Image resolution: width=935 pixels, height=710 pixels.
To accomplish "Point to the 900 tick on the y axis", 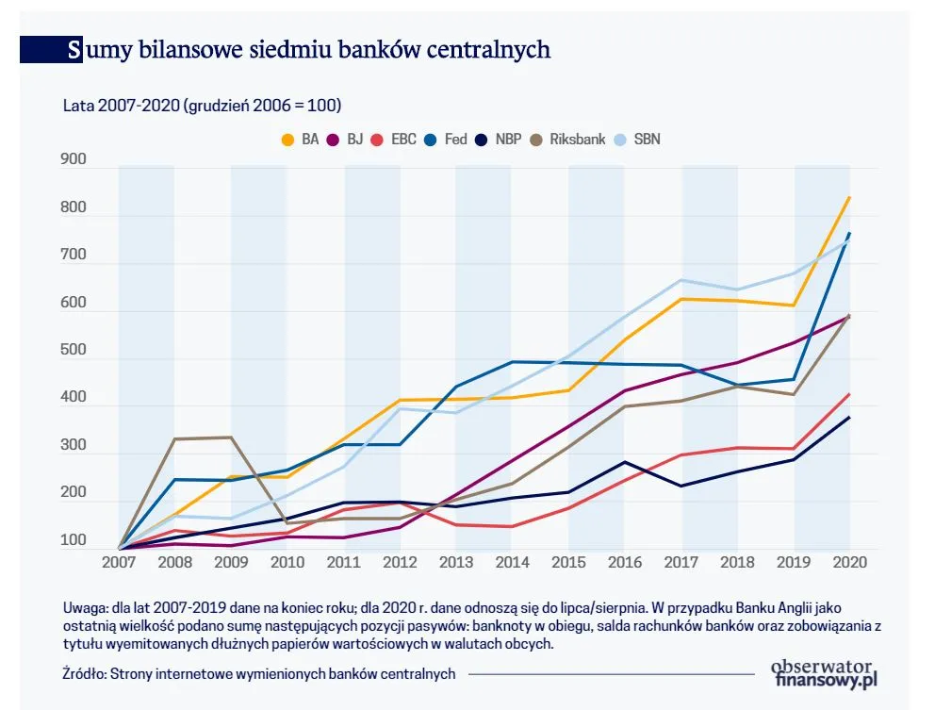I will click(x=74, y=160).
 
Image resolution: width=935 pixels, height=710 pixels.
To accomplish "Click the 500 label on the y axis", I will click(x=74, y=351).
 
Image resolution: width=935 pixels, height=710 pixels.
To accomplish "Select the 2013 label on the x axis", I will click(x=455, y=562).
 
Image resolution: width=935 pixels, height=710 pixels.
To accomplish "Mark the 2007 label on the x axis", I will click(x=118, y=562).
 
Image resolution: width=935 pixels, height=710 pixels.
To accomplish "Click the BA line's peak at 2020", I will click(x=849, y=198).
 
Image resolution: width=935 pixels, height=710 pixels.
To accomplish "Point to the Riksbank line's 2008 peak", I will click(x=174, y=439).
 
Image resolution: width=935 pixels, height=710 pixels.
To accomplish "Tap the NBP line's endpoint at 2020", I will click(x=849, y=417).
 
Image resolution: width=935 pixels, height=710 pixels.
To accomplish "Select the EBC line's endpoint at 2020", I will click(x=849, y=394).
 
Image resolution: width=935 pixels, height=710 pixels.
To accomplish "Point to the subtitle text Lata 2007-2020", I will click(x=122, y=105).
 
